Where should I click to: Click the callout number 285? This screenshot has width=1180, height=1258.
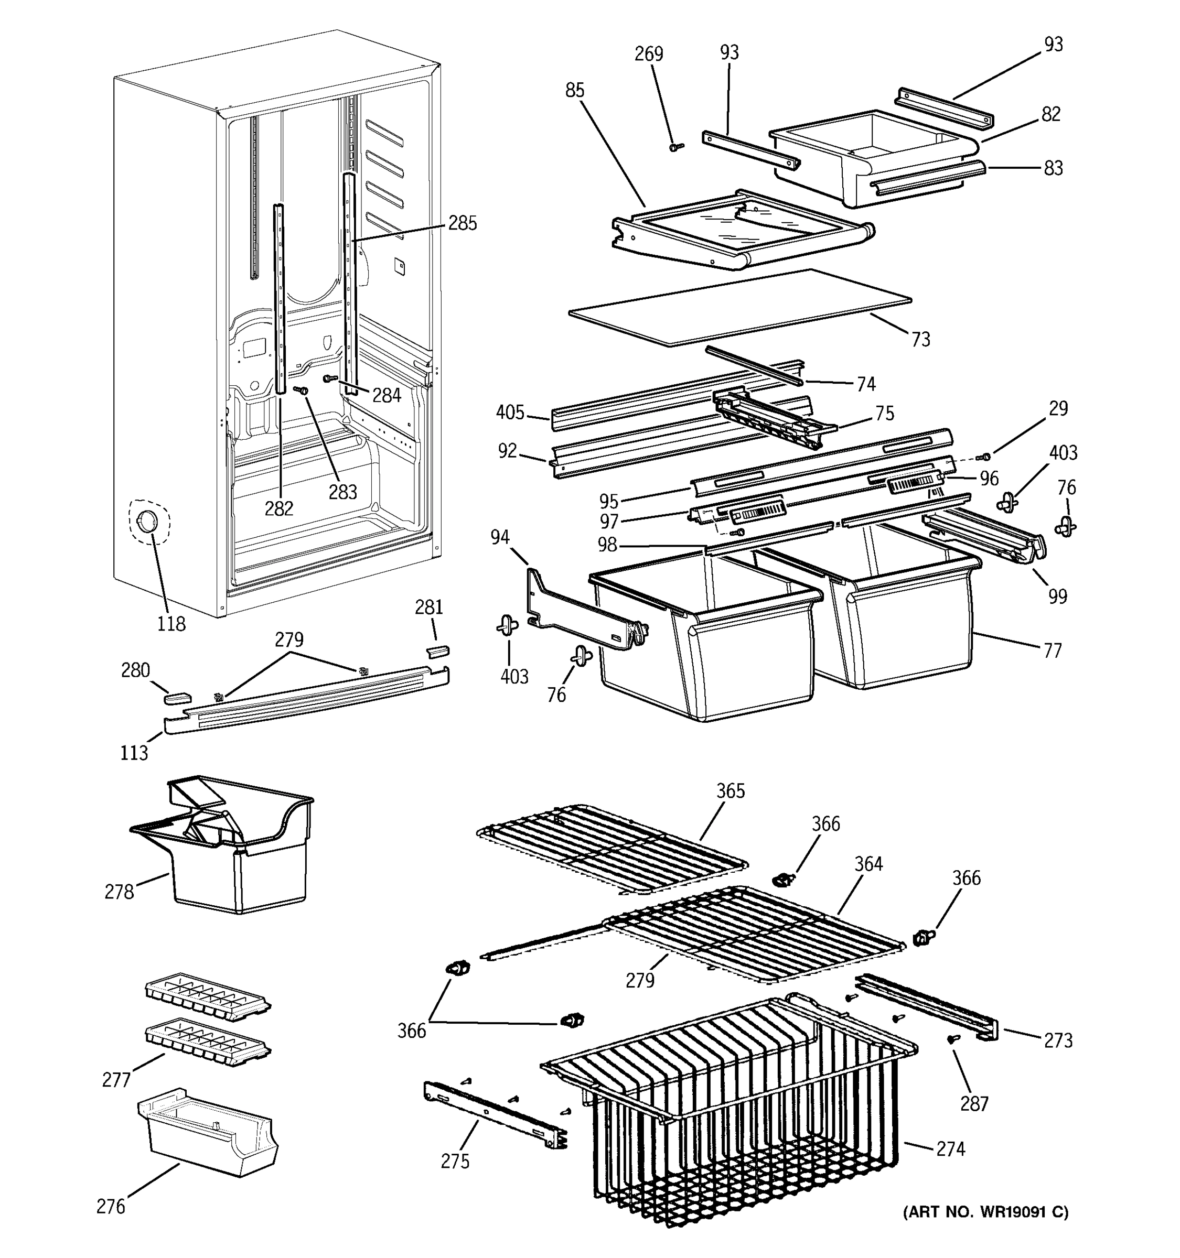click(462, 223)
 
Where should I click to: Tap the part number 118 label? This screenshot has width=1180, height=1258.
click(171, 624)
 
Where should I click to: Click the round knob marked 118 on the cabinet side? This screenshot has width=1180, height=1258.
click(147, 522)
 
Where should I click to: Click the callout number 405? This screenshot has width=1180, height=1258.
click(510, 413)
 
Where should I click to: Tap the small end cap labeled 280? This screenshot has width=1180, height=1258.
click(177, 697)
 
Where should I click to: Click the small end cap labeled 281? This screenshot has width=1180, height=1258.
click(437, 651)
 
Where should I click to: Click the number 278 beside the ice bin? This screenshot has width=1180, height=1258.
click(119, 892)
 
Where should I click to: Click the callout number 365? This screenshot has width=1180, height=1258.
click(731, 791)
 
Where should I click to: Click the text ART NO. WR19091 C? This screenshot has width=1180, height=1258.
click(985, 1212)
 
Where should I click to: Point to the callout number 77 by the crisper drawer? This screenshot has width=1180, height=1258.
click(1052, 650)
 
